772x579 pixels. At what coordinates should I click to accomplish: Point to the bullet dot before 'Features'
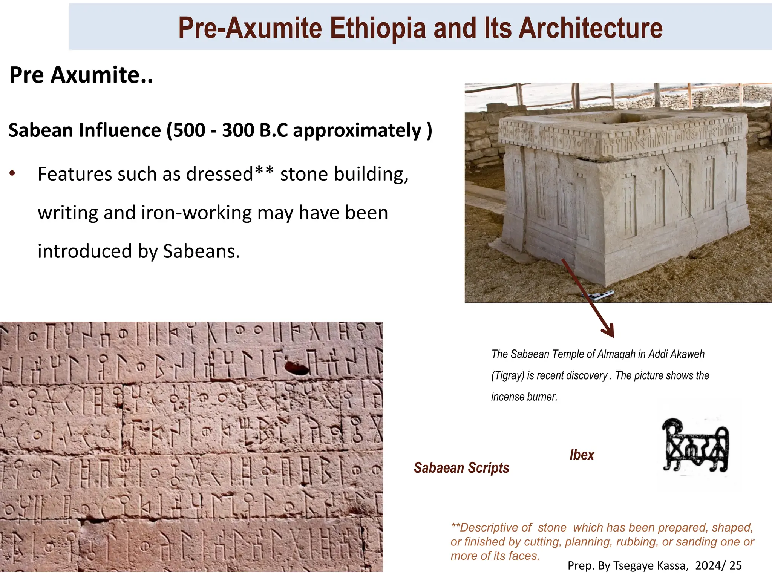[12, 173]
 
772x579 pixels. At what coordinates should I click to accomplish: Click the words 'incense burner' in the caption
[524, 397]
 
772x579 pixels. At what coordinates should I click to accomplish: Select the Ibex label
[582, 455]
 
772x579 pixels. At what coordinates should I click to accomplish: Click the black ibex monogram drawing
[696, 445]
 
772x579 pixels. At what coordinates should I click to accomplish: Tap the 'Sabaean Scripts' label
[461, 468]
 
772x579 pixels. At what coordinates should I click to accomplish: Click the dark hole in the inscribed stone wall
[296, 367]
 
